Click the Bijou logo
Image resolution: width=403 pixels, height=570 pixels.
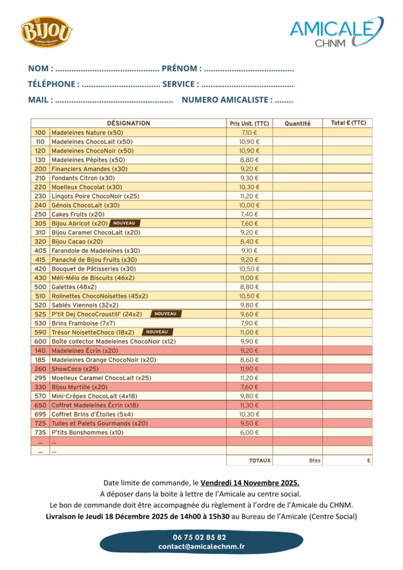(x=47, y=32)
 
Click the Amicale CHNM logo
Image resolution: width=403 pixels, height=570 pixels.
(x=336, y=32)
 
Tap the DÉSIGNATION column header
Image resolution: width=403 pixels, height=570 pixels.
(x=129, y=124)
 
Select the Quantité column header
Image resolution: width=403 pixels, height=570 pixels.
(x=297, y=124)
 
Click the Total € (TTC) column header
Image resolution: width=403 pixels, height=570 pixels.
(x=348, y=123)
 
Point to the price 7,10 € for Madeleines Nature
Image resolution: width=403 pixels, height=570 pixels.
(x=249, y=133)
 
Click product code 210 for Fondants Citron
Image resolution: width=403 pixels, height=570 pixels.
(x=40, y=178)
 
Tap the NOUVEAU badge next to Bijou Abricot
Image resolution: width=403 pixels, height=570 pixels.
(x=124, y=223)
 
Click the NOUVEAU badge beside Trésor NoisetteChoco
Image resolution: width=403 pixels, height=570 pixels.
(x=156, y=332)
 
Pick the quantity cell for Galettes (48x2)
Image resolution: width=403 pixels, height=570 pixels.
(x=297, y=287)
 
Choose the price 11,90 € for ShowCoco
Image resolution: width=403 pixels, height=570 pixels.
(x=249, y=369)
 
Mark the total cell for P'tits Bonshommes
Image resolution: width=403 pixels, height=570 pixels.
(x=347, y=433)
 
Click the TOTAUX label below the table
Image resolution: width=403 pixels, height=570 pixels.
(x=260, y=461)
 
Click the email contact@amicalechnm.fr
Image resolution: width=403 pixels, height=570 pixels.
(x=201, y=547)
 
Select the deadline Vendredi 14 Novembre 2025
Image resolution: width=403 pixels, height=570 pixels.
(x=250, y=482)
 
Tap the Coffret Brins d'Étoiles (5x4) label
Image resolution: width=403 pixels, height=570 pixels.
(x=92, y=414)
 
